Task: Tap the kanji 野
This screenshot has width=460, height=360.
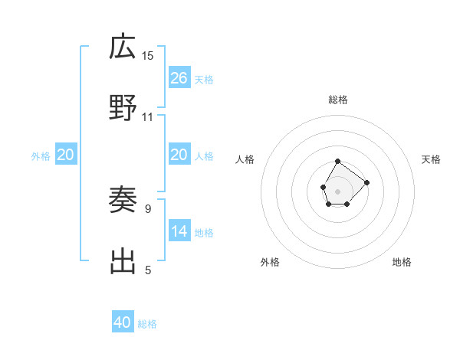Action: (x=123, y=109)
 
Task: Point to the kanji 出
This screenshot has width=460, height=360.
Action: (x=123, y=262)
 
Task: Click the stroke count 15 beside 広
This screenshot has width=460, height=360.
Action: (x=148, y=55)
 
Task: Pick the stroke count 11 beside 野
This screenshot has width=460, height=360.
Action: (x=148, y=116)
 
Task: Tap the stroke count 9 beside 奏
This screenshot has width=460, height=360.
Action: (x=147, y=208)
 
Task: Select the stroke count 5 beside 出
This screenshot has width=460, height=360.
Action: (x=147, y=270)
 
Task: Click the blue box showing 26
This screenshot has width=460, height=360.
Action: (x=179, y=78)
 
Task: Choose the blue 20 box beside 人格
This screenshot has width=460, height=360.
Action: (x=179, y=155)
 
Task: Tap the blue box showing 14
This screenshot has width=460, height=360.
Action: (x=179, y=231)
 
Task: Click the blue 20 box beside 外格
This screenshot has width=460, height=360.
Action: (x=66, y=155)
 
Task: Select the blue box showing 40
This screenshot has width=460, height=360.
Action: (x=123, y=322)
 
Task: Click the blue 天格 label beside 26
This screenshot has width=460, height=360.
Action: (x=204, y=80)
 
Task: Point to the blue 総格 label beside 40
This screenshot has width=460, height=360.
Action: (x=147, y=324)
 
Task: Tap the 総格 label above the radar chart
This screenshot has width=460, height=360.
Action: (x=338, y=100)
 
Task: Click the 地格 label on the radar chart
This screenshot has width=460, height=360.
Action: (x=402, y=262)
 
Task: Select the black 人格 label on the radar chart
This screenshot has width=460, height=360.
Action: (x=245, y=159)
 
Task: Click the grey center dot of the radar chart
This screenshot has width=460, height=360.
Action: (x=338, y=190)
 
